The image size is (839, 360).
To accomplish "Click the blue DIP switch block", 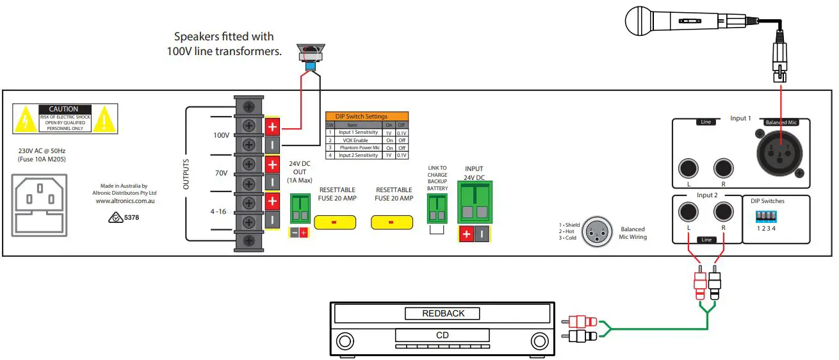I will (765, 217).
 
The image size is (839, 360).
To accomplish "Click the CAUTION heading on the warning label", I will (63, 110).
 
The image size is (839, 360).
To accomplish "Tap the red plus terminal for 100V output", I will (272, 127).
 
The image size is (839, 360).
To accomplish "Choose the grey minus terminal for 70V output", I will (272, 183).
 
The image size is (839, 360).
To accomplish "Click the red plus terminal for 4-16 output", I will (272, 202).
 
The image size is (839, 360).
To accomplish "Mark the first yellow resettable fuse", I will (334, 222).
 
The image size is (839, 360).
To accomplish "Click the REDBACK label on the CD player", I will (443, 314).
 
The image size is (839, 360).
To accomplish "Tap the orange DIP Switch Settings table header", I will (366, 116).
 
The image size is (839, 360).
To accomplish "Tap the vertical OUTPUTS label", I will (186, 174).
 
